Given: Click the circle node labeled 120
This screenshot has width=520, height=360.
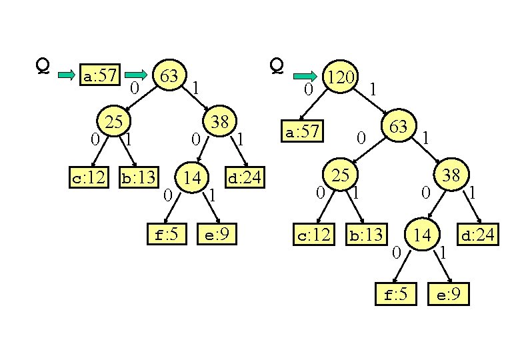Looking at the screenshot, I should coord(341,78).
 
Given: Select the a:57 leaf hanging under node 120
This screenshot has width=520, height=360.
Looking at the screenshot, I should coord(303,132).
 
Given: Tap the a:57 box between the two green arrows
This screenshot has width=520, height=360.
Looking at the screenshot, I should coord(99,76).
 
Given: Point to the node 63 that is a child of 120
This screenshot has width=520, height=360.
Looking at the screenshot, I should coord(399,127).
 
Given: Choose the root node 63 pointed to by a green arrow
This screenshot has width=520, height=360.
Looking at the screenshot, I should coord(169,76).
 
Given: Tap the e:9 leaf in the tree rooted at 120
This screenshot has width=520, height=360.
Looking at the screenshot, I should coord(448,294).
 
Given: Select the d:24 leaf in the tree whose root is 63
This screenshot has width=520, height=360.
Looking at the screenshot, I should coord(245,177).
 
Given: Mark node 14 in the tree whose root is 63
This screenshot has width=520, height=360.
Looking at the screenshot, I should coord(193,177).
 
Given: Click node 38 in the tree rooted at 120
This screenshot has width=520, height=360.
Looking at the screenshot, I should coord(451,175).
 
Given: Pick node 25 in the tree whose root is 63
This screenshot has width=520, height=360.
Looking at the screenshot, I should coord(115,121).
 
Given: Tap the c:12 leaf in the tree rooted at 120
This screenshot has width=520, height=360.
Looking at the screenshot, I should coord(313,235).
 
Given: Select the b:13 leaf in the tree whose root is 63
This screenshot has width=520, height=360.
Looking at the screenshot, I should coord(137,177).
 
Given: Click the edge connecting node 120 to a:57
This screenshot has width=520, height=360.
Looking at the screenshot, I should coord(319,103).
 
